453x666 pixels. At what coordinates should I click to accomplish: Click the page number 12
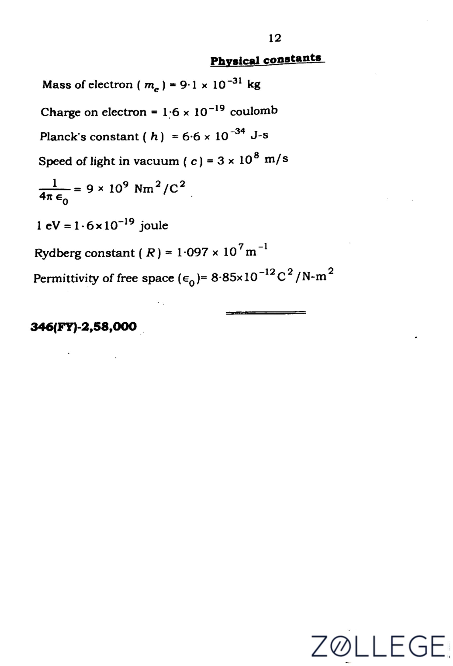(275, 38)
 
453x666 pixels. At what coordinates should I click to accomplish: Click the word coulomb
(254, 111)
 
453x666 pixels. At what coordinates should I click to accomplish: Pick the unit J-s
(259, 135)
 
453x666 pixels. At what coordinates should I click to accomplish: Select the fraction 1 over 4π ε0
(55, 191)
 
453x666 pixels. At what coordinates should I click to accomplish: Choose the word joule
(154, 226)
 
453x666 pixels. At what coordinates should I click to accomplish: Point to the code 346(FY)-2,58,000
(83, 327)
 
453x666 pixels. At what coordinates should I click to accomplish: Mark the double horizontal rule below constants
(266, 313)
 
